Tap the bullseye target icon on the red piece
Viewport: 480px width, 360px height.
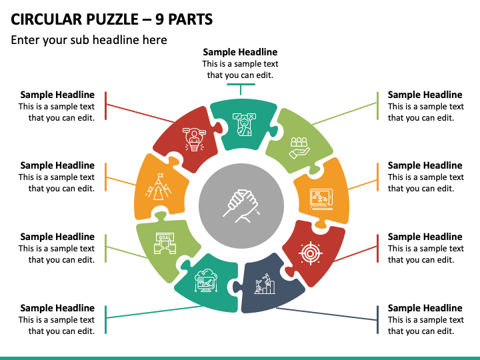point(310,253)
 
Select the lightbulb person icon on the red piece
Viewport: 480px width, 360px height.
point(195,137)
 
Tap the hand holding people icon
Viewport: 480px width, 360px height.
point(298,146)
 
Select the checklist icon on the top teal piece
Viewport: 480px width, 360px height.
point(243,124)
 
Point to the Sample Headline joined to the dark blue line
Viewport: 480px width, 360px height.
point(425,308)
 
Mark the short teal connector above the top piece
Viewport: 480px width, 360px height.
point(241,85)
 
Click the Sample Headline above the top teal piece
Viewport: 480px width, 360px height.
point(240,52)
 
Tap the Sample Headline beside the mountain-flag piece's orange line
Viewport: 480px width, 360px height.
point(57,165)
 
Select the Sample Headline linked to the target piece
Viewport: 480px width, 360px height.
point(425,237)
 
